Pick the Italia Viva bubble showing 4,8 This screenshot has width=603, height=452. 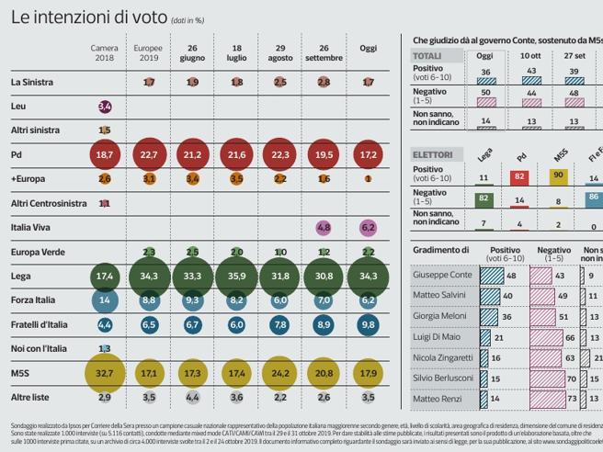tap(324, 227)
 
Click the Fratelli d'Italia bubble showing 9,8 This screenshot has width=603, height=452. tap(368, 324)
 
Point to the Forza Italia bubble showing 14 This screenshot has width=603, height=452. tap(105, 299)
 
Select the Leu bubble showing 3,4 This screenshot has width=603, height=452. tap(105, 107)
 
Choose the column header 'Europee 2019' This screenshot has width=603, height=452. tap(149, 51)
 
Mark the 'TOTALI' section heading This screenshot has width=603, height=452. tap(426, 55)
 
